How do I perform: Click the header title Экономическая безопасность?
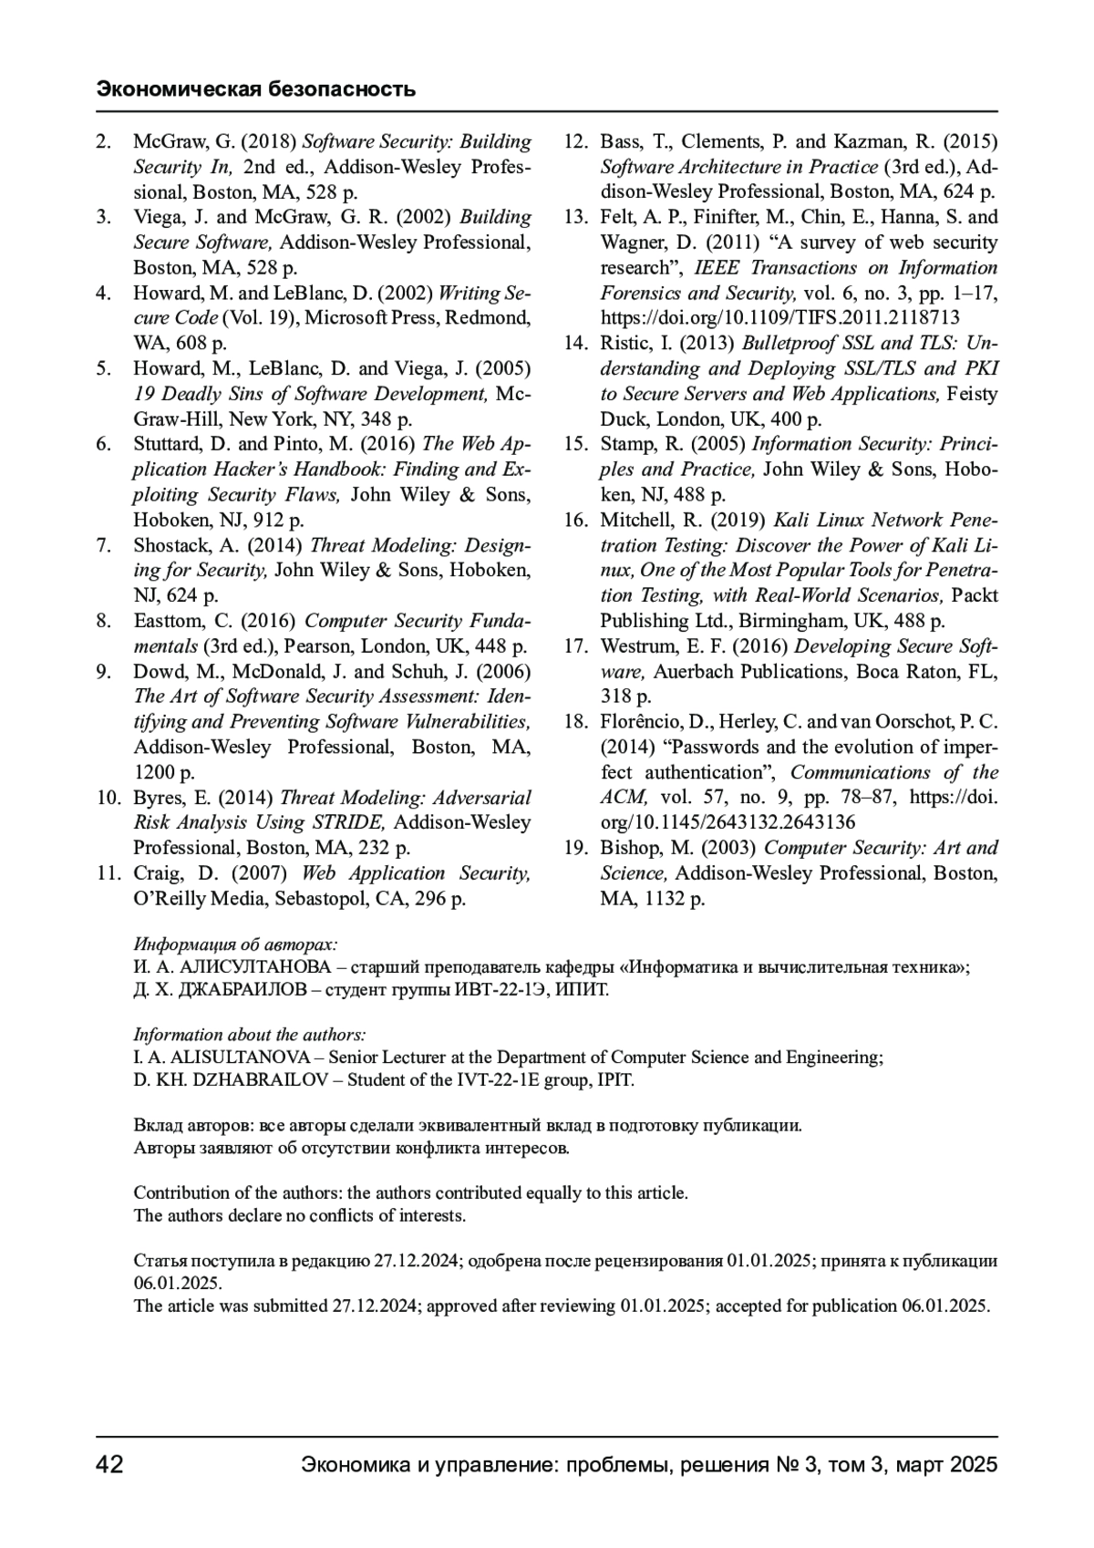tap(256, 88)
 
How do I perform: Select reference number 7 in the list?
tap(104, 545)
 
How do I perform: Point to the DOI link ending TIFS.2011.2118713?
tap(779, 318)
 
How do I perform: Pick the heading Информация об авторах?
tap(235, 944)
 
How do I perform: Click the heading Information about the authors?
tap(250, 1035)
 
